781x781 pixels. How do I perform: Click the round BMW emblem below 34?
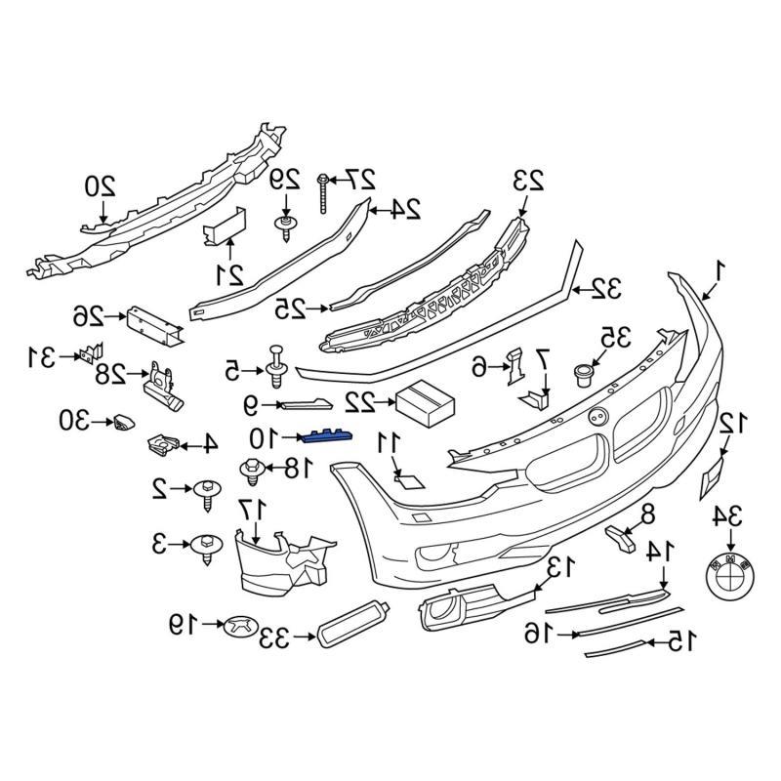[x=729, y=572]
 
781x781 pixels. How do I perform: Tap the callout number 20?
[x=101, y=185]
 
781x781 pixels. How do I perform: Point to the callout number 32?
[x=605, y=288]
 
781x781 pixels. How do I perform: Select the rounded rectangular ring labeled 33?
[x=352, y=623]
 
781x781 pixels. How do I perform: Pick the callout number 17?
[x=252, y=510]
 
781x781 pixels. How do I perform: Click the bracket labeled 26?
[x=154, y=324]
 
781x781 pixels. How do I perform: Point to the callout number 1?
[x=719, y=267]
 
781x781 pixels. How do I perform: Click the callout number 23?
[x=527, y=182]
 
